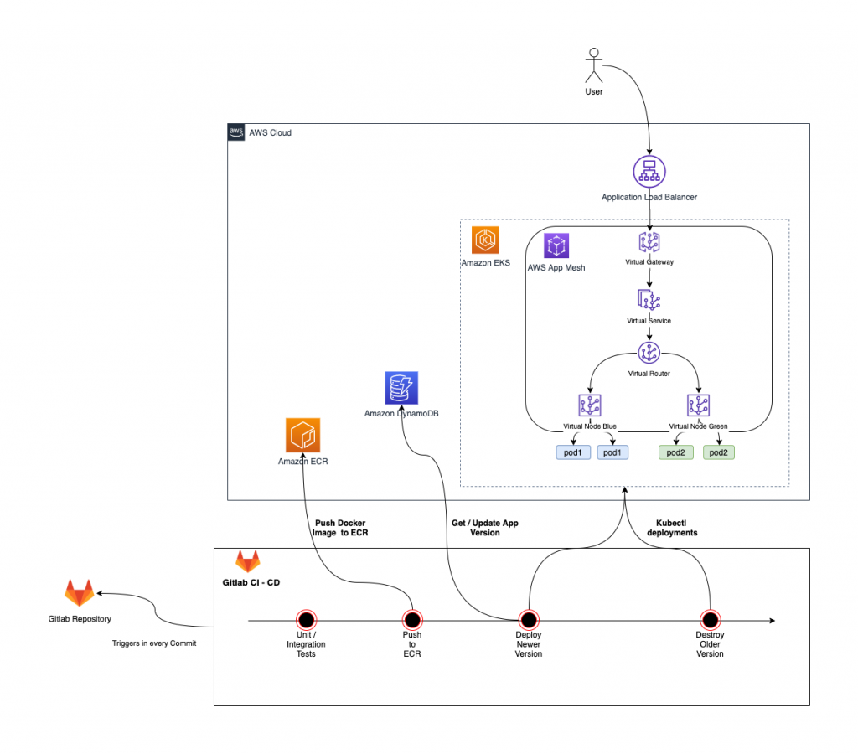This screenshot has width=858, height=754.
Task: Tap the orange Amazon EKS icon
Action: pos(485,240)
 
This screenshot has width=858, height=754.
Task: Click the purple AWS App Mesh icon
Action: pos(558,246)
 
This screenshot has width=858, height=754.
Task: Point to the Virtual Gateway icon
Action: pos(649,242)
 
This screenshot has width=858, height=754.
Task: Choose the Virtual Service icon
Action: pos(649,300)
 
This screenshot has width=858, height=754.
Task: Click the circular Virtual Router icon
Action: pos(649,353)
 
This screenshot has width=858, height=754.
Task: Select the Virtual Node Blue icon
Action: pos(590,406)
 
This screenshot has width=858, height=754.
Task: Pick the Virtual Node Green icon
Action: pos(698,406)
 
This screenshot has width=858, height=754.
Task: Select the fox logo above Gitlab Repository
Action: pos(80,593)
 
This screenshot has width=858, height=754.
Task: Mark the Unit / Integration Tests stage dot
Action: pos(305,620)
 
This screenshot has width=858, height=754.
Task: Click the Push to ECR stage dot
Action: pos(411,620)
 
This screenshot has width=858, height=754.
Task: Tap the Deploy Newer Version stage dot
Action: pos(528,620)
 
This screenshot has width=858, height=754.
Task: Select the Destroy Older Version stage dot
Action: pos(710,620)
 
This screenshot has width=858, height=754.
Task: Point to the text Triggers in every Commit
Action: pos(153,643)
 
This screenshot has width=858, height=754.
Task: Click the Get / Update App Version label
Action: pos(484,527)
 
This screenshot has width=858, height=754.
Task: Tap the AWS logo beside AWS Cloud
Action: pos(236,132)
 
